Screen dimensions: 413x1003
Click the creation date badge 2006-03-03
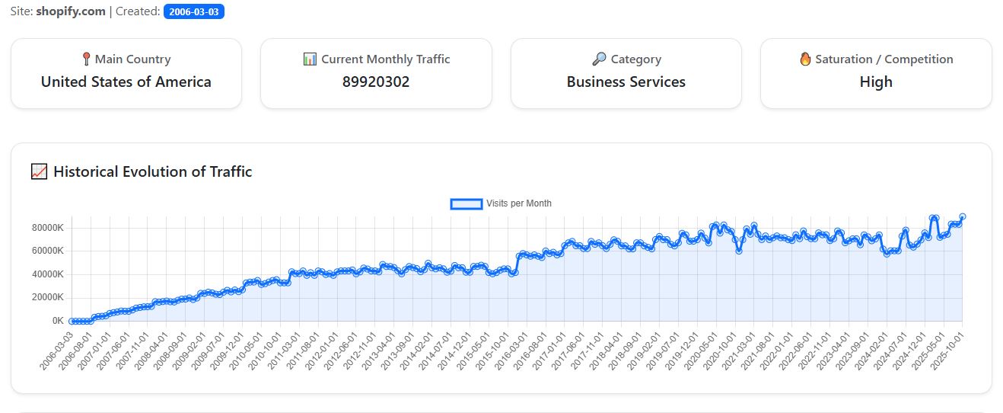click(x=193, y=12)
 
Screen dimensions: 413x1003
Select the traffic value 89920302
click(x=376, y=82)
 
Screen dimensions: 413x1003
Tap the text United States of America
click(x=126, y=82)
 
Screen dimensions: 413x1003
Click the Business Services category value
click(x=626, y=82)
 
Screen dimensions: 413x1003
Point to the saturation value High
click(x=876, y=82)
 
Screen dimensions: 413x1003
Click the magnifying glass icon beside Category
click(x=598, y=59)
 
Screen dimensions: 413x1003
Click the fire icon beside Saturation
click(x=805, y=59)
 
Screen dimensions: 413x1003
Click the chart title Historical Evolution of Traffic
click(x=152, y=171)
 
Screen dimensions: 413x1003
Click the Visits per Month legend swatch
click(x=466, y=203)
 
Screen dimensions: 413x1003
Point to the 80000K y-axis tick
click(x=47, y=228)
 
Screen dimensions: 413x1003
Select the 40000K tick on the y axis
click(x=47, y=274)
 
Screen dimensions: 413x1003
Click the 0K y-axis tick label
click(x=58, y=321)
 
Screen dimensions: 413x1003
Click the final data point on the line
click(x=962, y=217)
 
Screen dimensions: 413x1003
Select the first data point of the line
click(x=72, y=321)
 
